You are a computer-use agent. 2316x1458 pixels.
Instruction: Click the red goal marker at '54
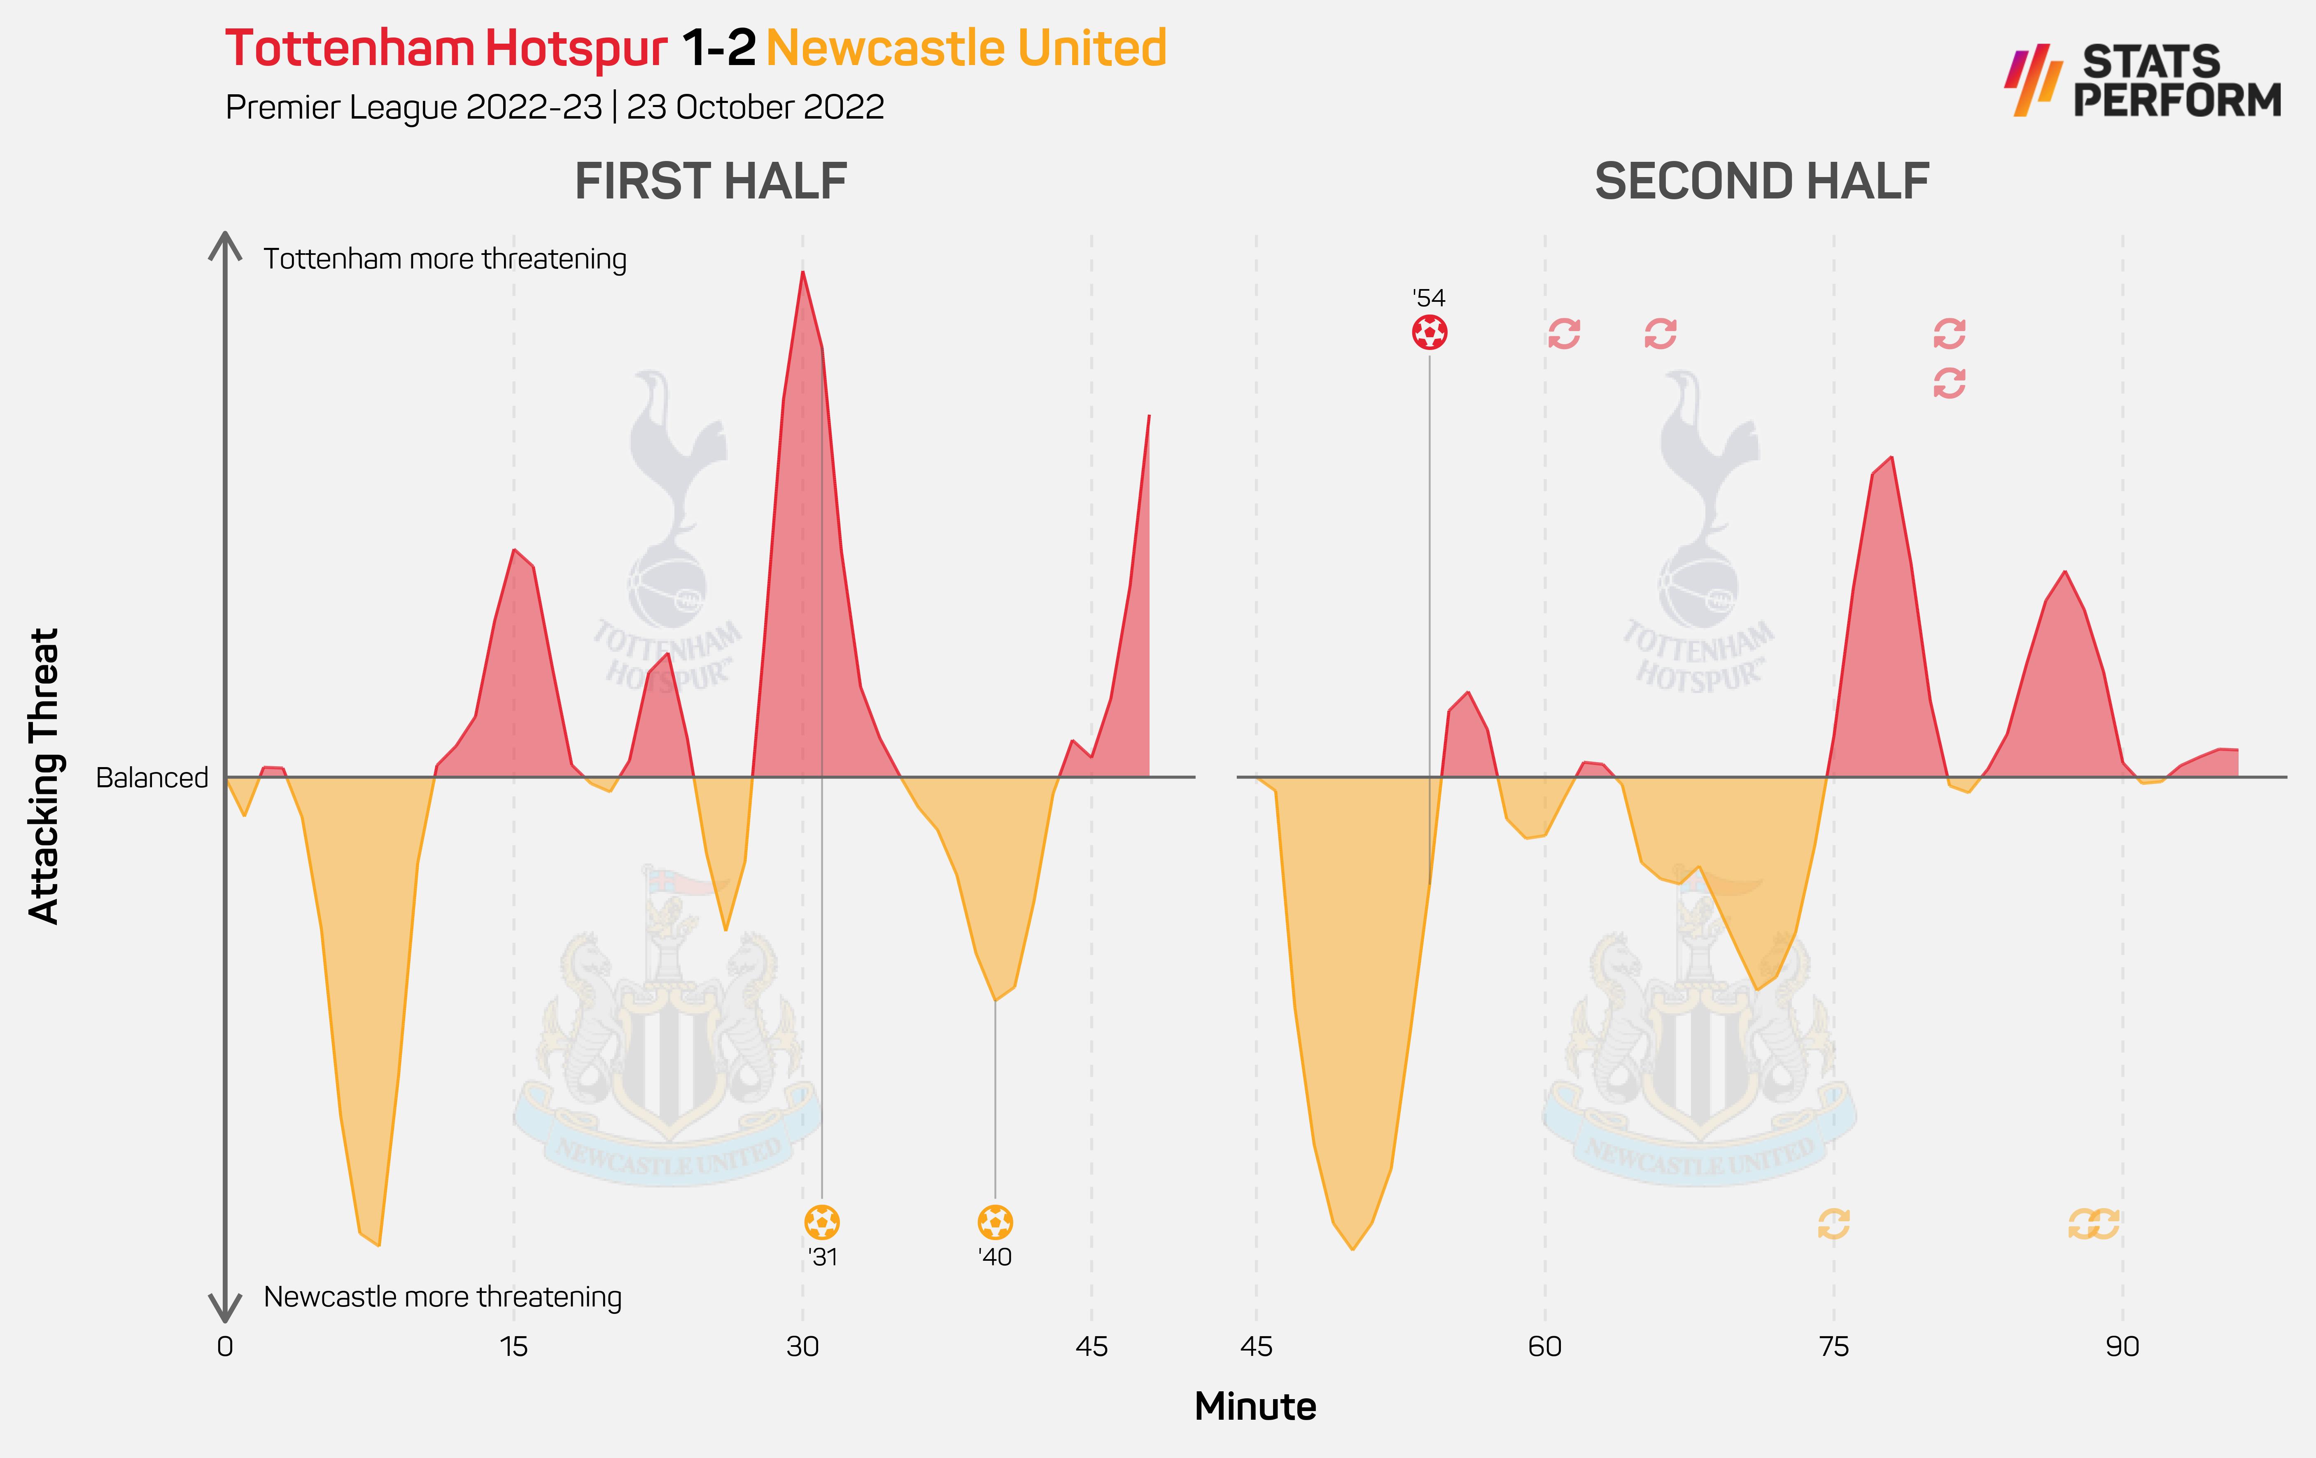tap(1429, 333)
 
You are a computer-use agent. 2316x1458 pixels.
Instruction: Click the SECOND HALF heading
tap(1761, 182)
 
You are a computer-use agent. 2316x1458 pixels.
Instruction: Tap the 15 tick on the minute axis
tap(513, 1346)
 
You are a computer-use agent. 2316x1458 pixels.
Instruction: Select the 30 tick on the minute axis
tap(802, 1346)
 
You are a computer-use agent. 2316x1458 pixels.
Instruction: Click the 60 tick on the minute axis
tap(1545, 1346)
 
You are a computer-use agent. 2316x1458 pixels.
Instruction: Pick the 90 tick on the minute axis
tap(2122, 1346)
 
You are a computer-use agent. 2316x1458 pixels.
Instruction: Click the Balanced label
tap(152, 777)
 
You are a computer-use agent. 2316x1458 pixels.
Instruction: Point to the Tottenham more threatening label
tap(444, 259)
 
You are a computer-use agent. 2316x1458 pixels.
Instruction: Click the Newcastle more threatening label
tap(443, 1297)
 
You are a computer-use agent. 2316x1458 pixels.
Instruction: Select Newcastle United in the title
tap(966, 48)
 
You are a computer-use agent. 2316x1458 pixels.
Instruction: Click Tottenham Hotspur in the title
tap(446, 48)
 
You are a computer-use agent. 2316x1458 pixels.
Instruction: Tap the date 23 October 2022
tap(755, 107)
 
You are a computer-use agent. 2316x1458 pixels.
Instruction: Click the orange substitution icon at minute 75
tap(1833, 1223)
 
